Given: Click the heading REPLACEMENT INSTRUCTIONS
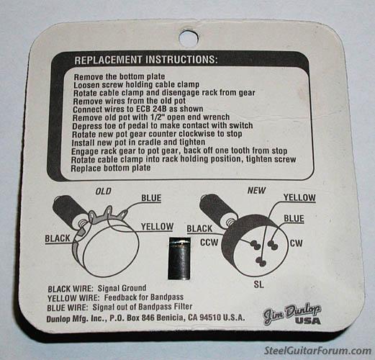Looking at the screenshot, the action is click(x=146, y=60).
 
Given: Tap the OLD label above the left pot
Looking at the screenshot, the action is click(x=104, y=192).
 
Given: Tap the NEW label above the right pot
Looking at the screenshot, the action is click(x=256, y=191).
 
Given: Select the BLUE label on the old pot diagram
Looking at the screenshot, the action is click(x=151, y=198).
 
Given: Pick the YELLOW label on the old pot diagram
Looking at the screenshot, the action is click(x=157, y=227).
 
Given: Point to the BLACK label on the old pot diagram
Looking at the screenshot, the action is click(x=58, y=238).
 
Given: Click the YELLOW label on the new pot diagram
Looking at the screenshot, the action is click(x=299, y=197).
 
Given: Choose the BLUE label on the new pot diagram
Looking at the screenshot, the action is click(x=294, y=219).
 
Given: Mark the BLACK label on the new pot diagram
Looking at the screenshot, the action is click(x=199, y=229).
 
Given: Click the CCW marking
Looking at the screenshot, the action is click(x=209, y=243).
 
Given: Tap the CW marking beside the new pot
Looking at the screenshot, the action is click(x=297, y=243).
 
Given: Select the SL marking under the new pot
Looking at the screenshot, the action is click(x=258, y=284).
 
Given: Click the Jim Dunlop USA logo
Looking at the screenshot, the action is click(x=292, y=315).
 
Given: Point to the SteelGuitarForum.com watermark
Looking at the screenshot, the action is click(x=317, y=351).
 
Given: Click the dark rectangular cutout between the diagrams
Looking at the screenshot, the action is click(x=179, y=258).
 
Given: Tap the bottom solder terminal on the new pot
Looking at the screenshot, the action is click(x=261, y=261).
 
